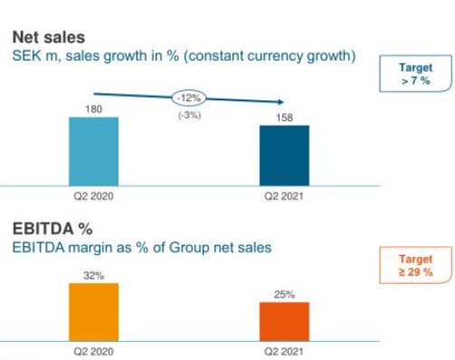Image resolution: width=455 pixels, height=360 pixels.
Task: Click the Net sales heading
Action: point(49,37)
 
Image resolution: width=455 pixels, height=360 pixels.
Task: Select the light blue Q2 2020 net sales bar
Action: point(94,151)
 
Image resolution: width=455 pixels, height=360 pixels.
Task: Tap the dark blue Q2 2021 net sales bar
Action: point(284,156)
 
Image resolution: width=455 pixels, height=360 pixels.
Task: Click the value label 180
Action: point(94,109)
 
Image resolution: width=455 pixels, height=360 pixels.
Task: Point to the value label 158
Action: point(284,118)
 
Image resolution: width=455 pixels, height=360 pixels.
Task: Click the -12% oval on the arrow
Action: point(189,99)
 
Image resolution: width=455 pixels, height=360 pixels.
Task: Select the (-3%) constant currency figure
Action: point(190,115)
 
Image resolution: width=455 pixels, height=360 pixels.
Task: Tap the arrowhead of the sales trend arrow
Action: point(281,102)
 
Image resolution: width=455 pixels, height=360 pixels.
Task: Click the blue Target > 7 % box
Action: point(415,73)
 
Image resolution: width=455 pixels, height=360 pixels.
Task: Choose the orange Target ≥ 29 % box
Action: point(415,265)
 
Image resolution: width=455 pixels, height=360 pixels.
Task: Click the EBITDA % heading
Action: point(52,229)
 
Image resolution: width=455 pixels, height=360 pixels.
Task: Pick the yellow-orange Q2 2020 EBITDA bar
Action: point(94,312)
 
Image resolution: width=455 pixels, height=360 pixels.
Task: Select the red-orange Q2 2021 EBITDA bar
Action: point(284,322)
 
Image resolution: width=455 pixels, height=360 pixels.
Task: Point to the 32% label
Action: point(94,276)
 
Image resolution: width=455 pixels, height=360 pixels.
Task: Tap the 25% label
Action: point(284,295)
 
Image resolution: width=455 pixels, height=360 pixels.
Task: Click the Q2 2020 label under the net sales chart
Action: point(94,196)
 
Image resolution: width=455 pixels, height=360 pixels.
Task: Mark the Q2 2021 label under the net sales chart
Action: point(284,196)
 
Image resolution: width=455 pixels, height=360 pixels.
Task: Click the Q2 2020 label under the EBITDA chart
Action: point(94,352)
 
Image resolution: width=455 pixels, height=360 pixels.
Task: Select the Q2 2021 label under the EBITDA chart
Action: point(284,352)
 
